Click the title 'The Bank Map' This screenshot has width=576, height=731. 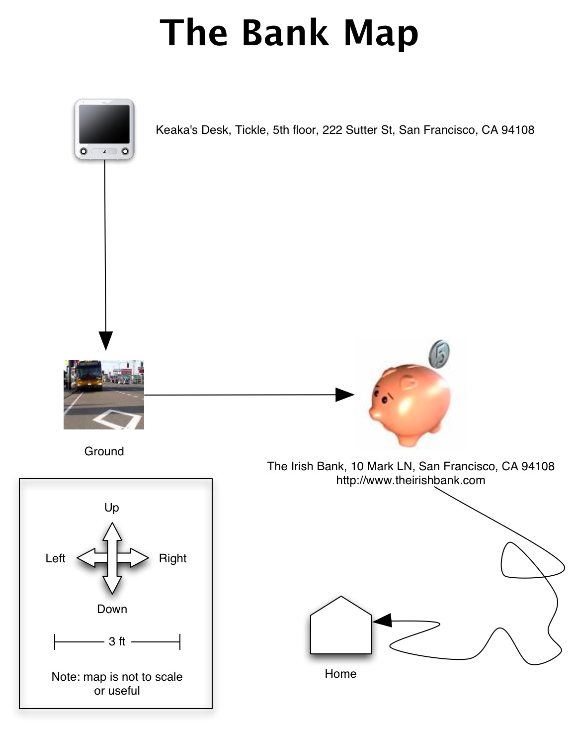(x=289, y=33)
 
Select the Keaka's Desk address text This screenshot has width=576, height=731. (x=345, y=130)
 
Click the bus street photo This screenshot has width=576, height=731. (x=104, y=394)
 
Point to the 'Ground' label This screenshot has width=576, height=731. (x=104, y=451)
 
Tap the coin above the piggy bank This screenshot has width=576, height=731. (x=439, y=354)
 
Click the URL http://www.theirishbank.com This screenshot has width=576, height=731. (x=411, y=480)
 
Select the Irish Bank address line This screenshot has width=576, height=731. (x=411, y=466)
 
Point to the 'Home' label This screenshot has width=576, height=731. (x=340, y=674)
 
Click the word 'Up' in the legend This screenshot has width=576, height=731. (x=112, y=508)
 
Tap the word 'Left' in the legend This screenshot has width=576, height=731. (x=55, y=558)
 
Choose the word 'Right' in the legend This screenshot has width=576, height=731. (x=172, y=558)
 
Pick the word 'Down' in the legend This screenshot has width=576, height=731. (x=112, y=609)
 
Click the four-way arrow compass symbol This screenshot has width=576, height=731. (x=113, y=558)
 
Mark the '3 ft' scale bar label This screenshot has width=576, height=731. (x=117, y=641)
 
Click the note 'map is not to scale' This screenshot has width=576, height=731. (x=117, y=683)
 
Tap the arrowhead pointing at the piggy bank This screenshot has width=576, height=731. (x=345, y=395)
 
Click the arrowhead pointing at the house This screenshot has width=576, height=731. (x=382, y=621)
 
